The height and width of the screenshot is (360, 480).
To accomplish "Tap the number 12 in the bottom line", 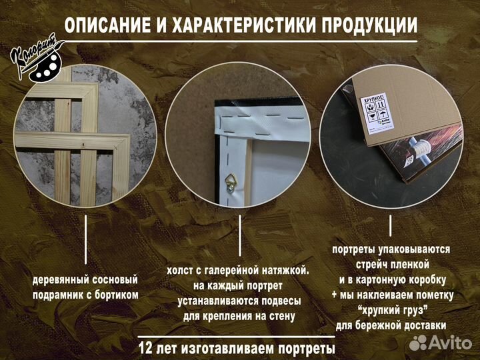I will (146, 348).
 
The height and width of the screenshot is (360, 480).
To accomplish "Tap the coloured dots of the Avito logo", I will (418, 343).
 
